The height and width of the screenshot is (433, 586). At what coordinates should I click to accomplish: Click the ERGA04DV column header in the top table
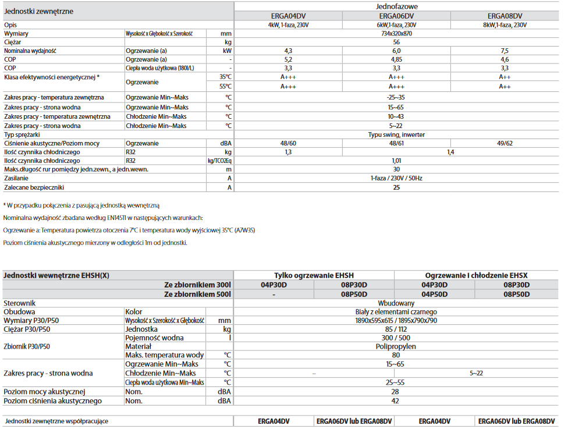point(287,16)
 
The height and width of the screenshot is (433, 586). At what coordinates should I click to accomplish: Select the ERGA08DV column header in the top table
point(505,16)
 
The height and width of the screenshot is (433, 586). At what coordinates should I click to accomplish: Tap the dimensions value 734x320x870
point(396,34)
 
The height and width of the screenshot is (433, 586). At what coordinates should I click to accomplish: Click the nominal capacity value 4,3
point(287,51)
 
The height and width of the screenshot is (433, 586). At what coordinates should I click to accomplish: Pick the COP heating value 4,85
point(396,59)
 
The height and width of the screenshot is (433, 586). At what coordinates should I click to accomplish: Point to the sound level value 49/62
point(505,143)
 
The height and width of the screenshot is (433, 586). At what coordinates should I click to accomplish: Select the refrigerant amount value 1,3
point(287,152)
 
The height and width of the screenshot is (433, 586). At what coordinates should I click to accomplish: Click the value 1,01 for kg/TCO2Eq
point(396,161)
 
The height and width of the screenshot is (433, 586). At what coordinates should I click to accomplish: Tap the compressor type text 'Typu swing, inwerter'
point(396,134)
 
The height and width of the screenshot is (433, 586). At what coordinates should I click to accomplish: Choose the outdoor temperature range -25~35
point(396,97)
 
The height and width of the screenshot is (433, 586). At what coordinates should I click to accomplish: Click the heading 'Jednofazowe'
point(396,6)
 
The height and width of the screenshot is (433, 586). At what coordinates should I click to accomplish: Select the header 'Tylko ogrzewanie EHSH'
point(314,275)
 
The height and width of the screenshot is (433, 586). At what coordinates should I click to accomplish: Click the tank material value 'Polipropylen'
point(396,346)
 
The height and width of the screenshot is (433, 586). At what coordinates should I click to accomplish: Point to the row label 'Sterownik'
point(20,303)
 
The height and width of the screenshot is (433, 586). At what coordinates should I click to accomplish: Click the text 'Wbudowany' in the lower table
point(396,303)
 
